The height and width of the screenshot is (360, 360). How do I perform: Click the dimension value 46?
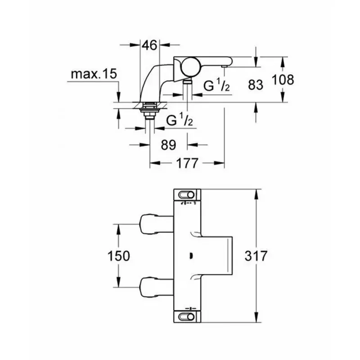pyautogui.click(x=149, y=45)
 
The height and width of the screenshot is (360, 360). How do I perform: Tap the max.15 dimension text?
pyautogui.click(x=93, y=75)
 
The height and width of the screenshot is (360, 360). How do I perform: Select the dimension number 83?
pyautogui.click(x=255, y=84)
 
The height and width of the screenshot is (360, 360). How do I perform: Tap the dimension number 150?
pyautogui.click(x=119, y=256)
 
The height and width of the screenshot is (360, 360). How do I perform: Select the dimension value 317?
pyautogui.click(x=257, y=256)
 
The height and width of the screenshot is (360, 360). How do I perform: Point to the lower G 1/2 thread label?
pyautogui.click(x=180, y=121)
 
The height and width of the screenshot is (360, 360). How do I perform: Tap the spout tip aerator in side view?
pyautogui.click(x=224, y=66)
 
